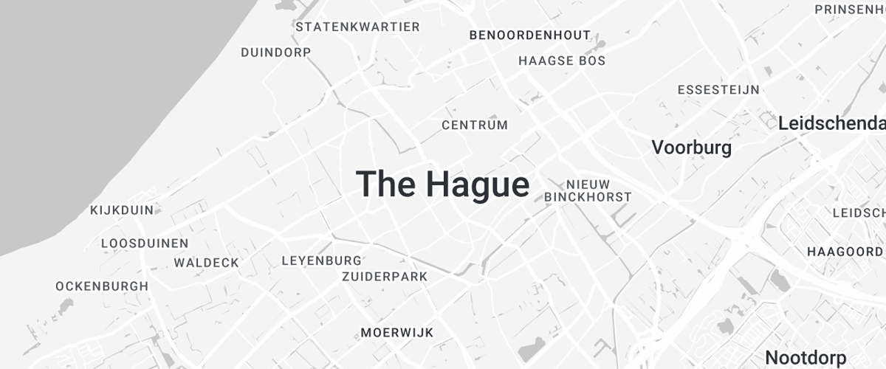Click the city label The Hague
tap(443, 184)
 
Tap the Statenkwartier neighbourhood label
tap(357, 27)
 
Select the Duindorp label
tap(276, 52)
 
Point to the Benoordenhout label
tap(530, 35)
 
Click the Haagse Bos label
tap(562, 61)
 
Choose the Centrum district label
tap(475, 125)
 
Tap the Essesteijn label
tap(718, 90)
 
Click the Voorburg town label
tap(692, 148)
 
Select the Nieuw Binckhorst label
tap(588, 190)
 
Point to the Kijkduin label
tap(122, 210)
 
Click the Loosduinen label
tap(145, 244)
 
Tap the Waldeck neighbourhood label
tap(207, 263)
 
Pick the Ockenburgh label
tap(102, 286)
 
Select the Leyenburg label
tap(322, 261)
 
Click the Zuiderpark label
tap(385, 277)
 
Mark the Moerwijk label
tap(397, 333)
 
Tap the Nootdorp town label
tap(806, 359)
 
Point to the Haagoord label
tap(845, 252)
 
